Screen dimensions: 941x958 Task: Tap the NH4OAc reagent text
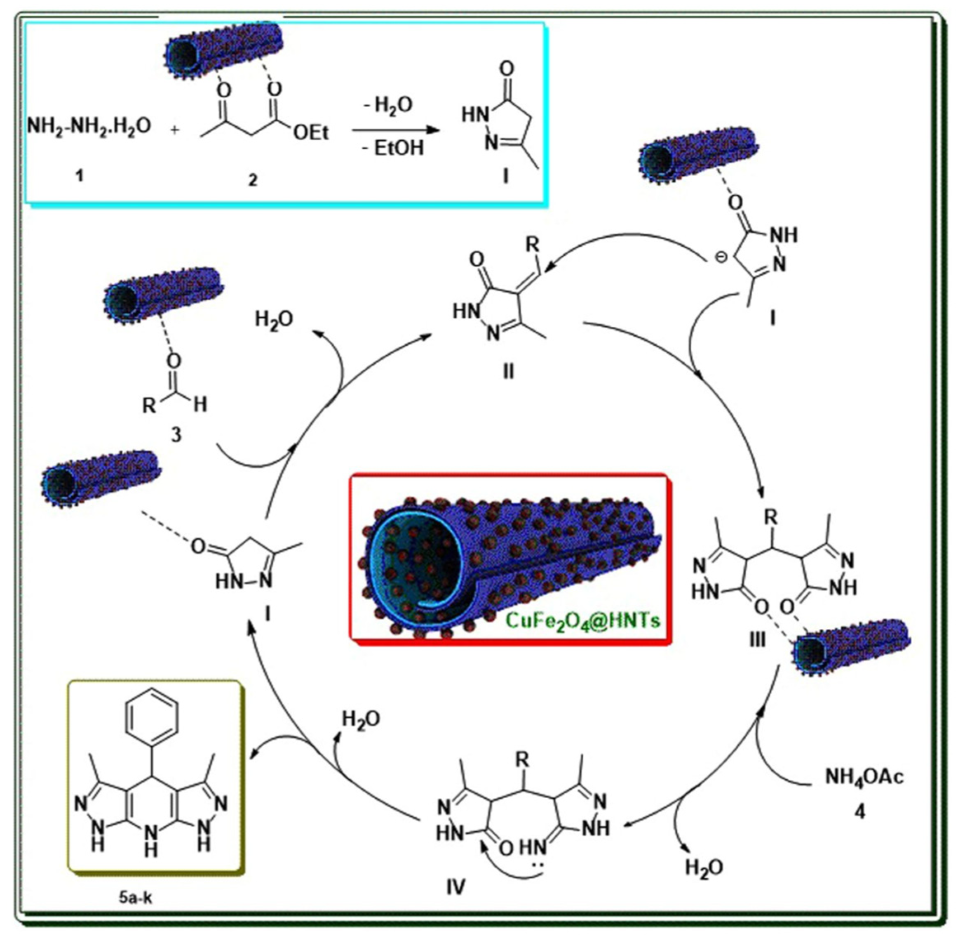click(x=864, y=777)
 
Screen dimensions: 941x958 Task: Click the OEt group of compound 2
click(x=311, y=132)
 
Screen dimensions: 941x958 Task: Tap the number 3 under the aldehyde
click(x=176, y=434)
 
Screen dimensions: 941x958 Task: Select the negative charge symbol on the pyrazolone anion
click(x=721, y=257)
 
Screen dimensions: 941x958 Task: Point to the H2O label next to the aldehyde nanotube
click(x=274, y=320)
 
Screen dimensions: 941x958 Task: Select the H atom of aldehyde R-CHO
click(x=200, y=405)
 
